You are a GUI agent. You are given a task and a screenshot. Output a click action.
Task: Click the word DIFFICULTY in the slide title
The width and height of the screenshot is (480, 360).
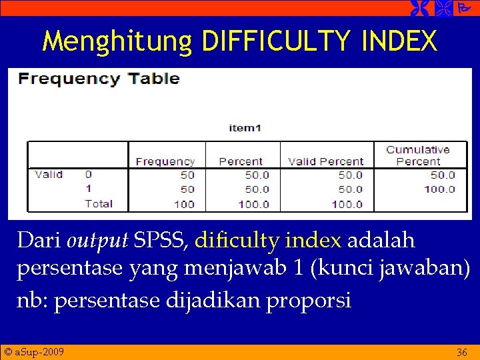coord(275,41)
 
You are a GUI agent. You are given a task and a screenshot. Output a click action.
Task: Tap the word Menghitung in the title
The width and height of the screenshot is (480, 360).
coord(117,41)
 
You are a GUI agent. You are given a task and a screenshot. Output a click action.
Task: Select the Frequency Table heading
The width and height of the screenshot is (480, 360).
coord(99,79)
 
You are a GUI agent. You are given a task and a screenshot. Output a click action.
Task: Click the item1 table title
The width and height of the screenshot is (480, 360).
coord(245,128)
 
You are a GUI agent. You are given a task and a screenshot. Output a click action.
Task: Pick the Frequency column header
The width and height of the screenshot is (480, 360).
coord(165,161)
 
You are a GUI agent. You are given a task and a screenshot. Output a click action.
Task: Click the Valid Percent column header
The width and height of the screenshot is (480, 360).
coord(325,161)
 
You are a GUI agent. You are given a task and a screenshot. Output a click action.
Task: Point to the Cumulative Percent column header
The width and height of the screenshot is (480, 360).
coord(418,155)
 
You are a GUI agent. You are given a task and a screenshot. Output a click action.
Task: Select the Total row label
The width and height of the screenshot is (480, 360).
coord(99,203)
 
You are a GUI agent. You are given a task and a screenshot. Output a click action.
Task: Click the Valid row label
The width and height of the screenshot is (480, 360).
coord(49,175)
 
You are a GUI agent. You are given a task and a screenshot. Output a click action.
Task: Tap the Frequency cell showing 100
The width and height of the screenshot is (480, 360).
coord(184,204)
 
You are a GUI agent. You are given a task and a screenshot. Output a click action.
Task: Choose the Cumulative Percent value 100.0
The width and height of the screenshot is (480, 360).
coord(439,189)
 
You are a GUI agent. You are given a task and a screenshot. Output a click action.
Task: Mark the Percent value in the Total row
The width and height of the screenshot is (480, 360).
coord(254,204)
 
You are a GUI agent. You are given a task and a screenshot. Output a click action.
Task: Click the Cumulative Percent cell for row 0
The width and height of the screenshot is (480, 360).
coord(443,175)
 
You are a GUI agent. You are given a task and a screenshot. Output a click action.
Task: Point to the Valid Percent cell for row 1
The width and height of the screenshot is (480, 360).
coord(350,189)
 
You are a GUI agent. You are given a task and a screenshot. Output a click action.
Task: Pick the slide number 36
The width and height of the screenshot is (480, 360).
coord(461,351)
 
